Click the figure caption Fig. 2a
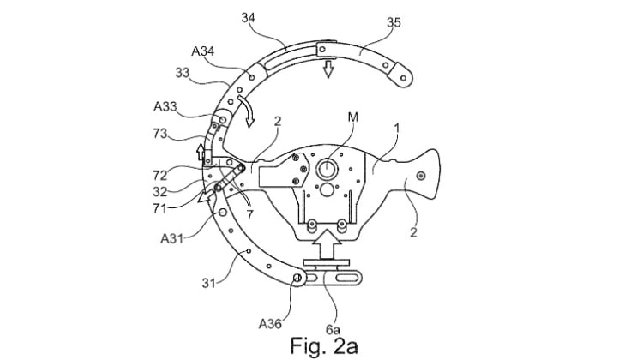tap(324, 345)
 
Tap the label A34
tap(203, 51)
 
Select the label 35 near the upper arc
tap(394, 22)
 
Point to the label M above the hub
tap(352, 117)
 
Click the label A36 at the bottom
tap(270, 324)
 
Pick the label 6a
tap(333, 329)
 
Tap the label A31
tap(171, 238)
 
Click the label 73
tap(160, 134)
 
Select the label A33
tap(165, 106)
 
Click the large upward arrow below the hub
tap(327, 244)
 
